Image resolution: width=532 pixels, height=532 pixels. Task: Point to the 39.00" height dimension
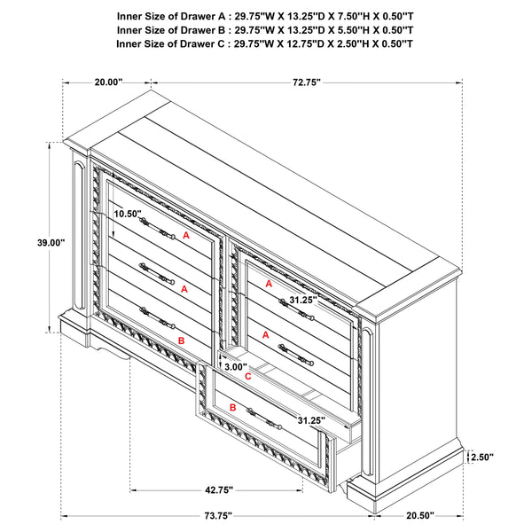[x=51, y=242]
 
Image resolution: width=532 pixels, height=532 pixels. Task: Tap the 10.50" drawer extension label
[x=127, y=214]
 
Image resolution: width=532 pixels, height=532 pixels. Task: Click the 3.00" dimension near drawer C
[x=236, y=365]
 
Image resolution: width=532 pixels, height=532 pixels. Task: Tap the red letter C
[x=248, y=377]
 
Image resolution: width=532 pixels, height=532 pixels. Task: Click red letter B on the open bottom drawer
[x=232, y=407]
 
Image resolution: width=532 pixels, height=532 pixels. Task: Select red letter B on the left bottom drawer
[x=181, y=340]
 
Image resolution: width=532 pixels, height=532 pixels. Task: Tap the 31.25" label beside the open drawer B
[x=311, y=420]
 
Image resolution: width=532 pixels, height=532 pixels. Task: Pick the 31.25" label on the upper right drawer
[x=303, y=301]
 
